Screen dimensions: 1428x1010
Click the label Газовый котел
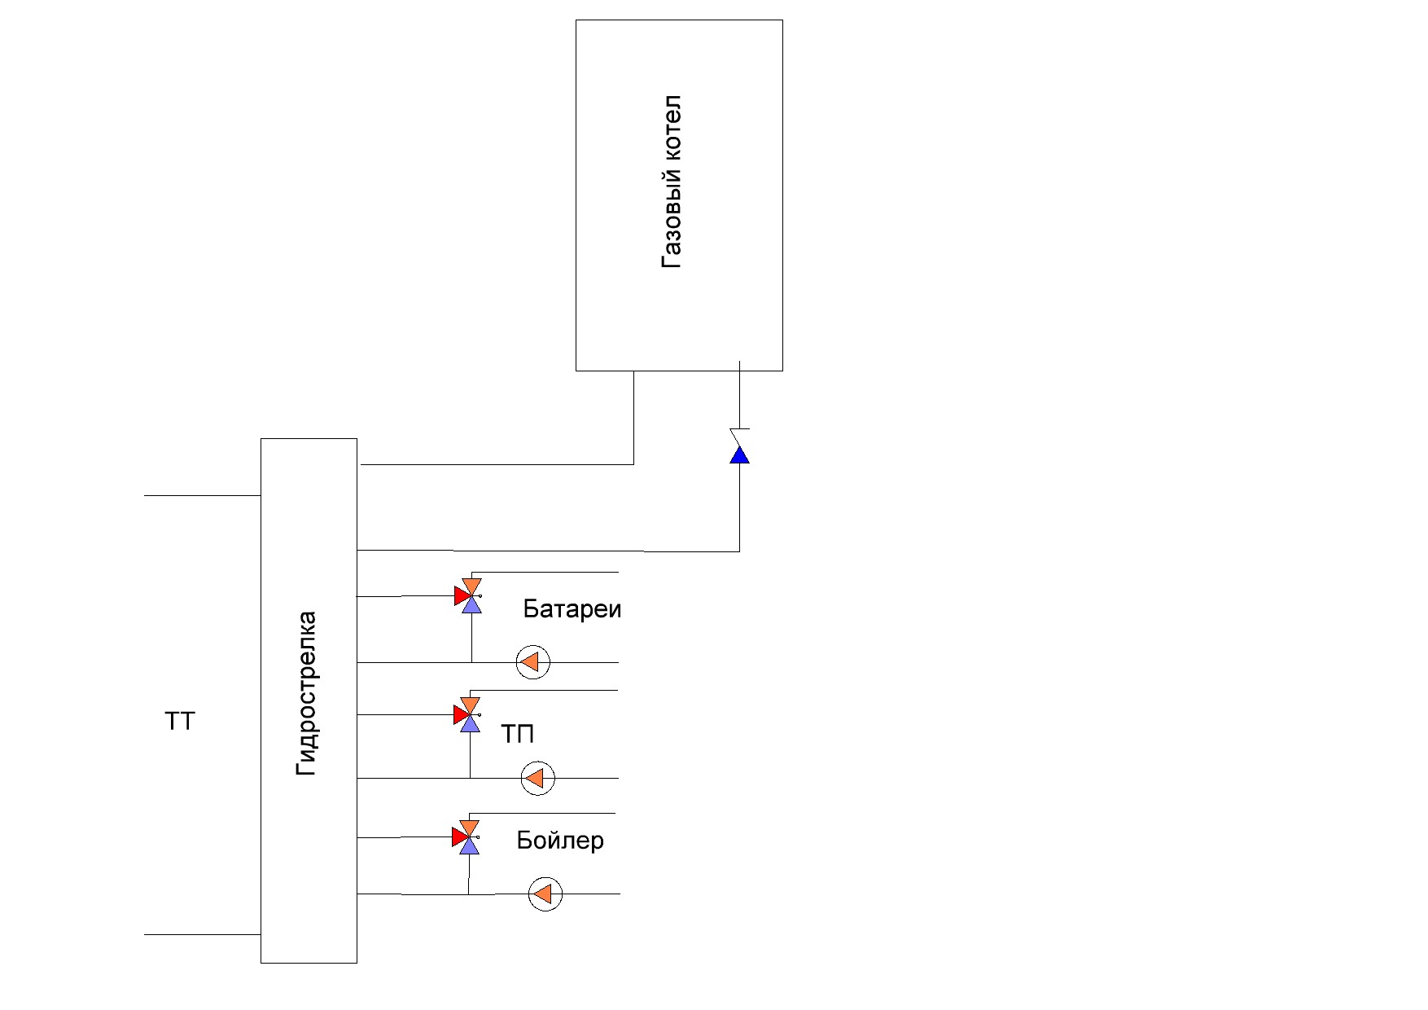(x=672, y=182)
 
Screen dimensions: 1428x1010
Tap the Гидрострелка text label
(x=306, y=693)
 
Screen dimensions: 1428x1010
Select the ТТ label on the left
(x=181, y=722)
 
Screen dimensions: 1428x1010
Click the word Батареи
(x=572, y=609)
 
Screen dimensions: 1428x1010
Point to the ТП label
(x=518, y=734)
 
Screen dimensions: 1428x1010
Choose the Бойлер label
(x=560, y=840)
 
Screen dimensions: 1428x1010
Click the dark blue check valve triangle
(x=739, y=455)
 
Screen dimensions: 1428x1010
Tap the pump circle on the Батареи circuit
(x=533, y=662)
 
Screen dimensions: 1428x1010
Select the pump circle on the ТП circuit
(x=538, y=778)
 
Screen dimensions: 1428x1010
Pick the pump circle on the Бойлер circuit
(x=545, y=894)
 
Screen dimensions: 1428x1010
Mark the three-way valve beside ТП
(x=468, y=714)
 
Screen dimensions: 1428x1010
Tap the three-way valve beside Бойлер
(x=467, y=837)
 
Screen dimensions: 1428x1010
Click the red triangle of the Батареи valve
(x=461, y=596)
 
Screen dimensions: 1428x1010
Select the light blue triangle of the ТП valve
(x=470, y=724)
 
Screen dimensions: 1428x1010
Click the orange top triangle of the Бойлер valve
(x=469, y=827)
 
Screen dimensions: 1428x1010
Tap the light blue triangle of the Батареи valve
(x=471, y=605)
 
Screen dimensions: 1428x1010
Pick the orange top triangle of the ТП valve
(x=470, y=705)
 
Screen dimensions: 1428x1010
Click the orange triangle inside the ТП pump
(x=535, y=778)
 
